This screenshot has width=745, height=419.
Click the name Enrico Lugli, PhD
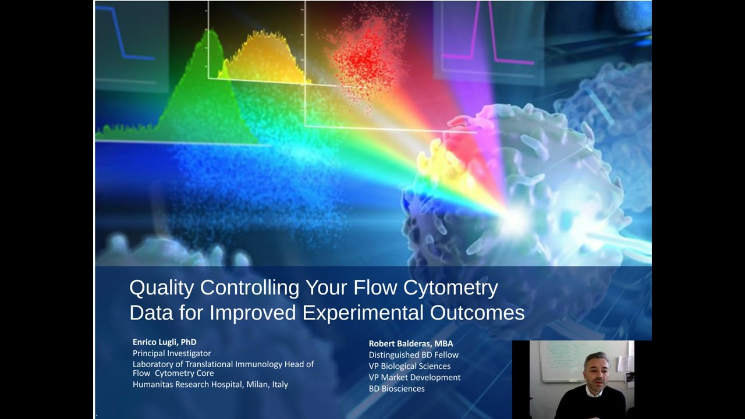pos(164,342)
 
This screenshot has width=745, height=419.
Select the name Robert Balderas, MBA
pos(410,343)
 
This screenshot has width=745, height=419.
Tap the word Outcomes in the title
pos(477,313)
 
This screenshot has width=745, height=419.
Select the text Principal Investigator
pos(172,353)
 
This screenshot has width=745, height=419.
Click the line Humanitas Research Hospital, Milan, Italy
pos(210,384)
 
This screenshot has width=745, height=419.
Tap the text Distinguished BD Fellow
pos(413,354)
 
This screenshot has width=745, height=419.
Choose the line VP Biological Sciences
pos(409,366)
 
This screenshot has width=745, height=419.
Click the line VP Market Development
pos(414,377)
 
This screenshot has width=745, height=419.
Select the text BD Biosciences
pos(396,388)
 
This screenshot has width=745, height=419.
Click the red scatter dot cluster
pos(364,58)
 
